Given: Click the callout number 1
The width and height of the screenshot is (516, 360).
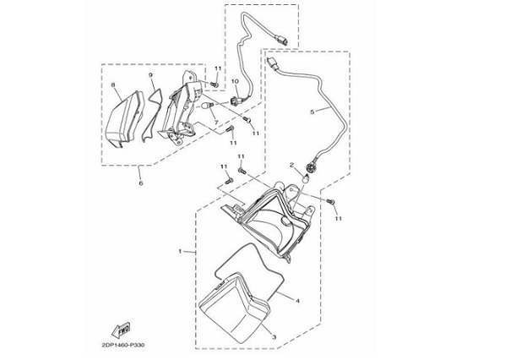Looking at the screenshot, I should [180, 252].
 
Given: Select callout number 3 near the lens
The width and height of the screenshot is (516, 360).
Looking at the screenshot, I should [273, 336].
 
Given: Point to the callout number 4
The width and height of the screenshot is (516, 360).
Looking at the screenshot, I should [297, 298].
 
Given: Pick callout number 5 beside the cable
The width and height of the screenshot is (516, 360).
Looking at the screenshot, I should [312, 112].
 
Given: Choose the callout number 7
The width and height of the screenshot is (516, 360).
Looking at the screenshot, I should [216, 123].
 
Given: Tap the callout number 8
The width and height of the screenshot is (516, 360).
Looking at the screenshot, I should [113, 86].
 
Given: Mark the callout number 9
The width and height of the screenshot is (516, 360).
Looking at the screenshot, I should [151, 77].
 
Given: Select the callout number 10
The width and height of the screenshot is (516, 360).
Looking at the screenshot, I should [236, 82].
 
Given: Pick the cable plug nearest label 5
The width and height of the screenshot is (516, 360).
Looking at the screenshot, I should [274, 64].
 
